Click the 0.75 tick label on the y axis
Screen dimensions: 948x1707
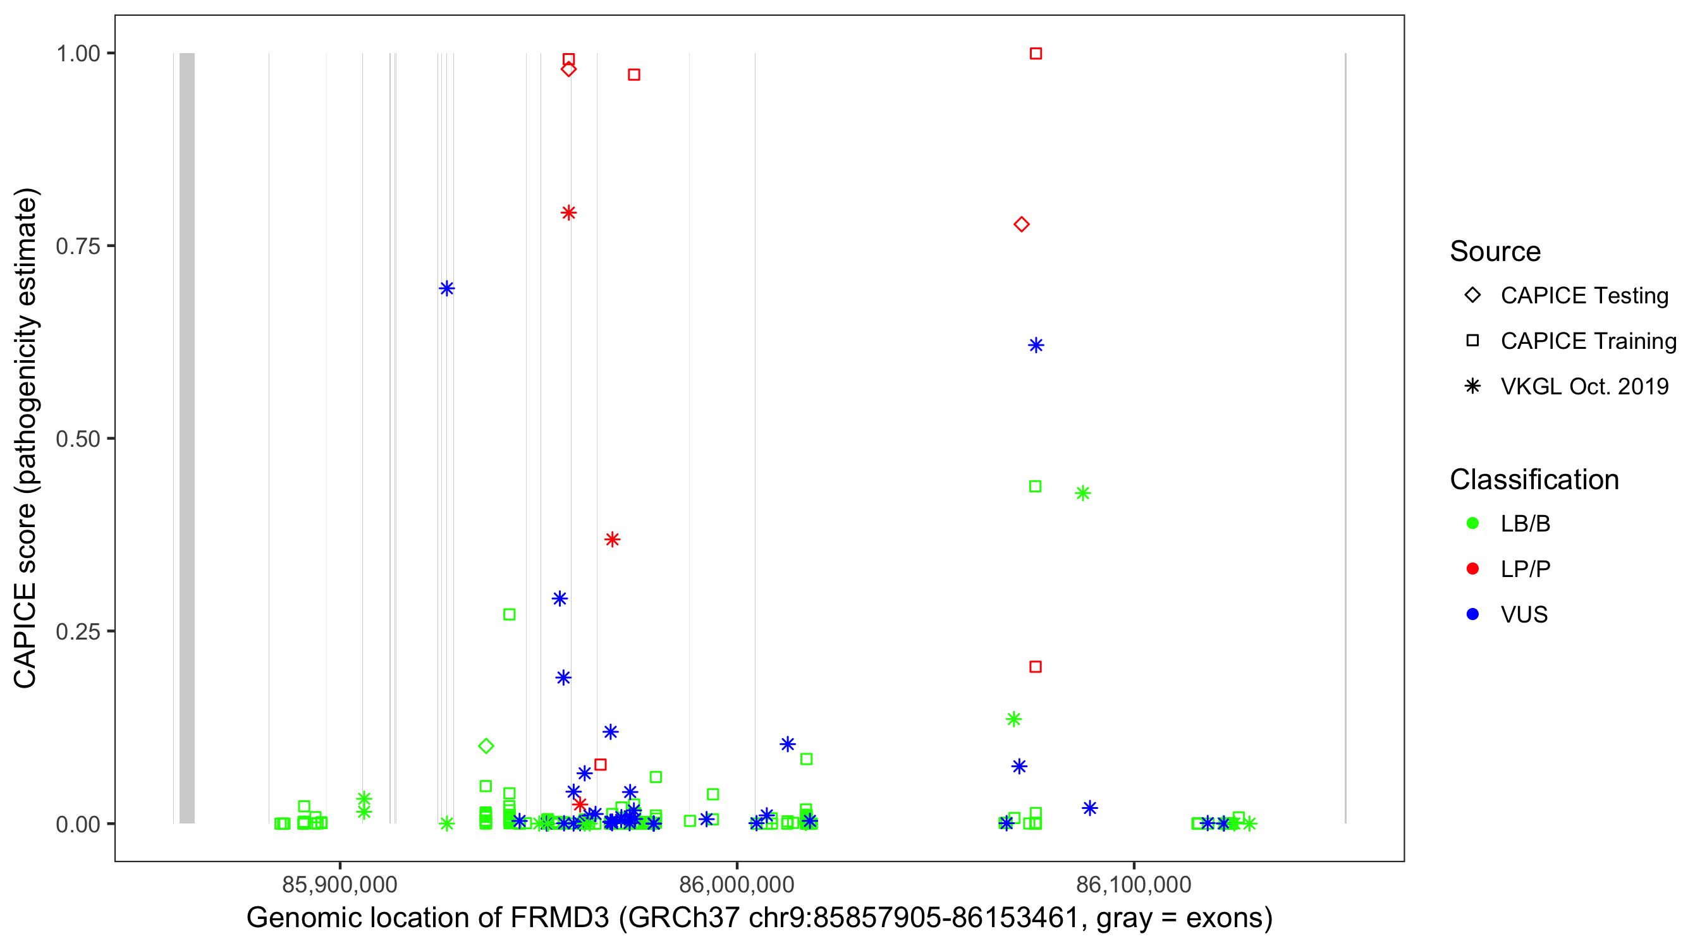(77, 246)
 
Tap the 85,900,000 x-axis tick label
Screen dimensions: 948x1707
(340, 884)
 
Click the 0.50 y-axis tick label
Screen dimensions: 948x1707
(77, 439)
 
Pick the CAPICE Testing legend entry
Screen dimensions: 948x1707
(1584, 296)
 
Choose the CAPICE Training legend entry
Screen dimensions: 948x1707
(1588, 341)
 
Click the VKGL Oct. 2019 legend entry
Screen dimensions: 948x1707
(1584, 387)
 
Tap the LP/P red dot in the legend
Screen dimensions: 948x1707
(1472, 569)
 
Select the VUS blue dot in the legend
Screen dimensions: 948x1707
(1472, 615)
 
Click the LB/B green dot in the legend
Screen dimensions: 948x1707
(1472, 523)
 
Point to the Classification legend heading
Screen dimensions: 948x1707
(1533, 480)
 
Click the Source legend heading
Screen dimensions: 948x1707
(1495, 252)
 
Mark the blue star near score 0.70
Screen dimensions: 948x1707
(446, 288)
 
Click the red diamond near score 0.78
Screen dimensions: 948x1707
(1021, 224)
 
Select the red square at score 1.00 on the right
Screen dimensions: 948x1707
(1036, 54)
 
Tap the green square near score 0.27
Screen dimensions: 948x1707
(509, 615)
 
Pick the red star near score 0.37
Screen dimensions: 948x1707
(612, 539)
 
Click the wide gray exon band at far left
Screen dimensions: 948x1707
(187, 437)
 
